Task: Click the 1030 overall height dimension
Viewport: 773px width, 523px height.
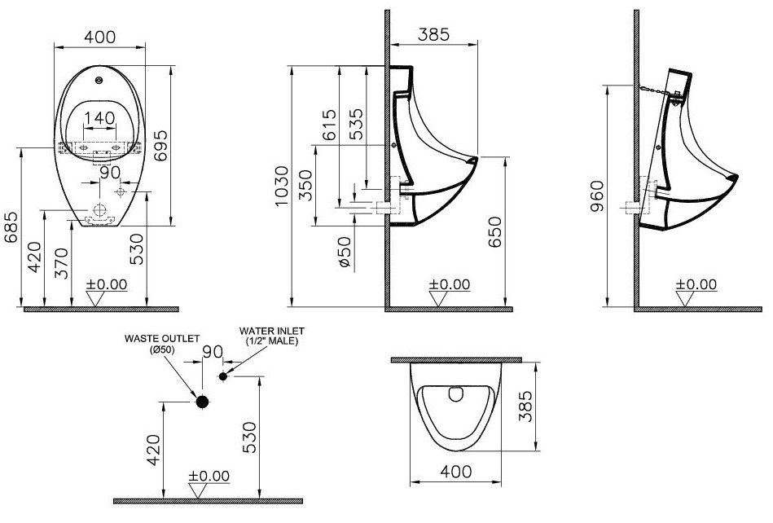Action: [281, 187]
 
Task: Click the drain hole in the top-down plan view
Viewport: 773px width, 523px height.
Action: [455, 396]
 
